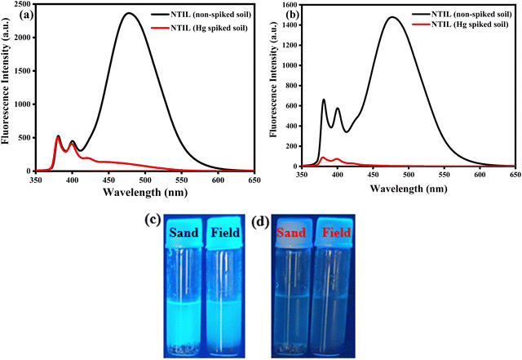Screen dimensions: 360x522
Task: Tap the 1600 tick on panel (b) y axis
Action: [285, 6]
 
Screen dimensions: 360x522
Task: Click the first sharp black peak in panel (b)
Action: [324, 100]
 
